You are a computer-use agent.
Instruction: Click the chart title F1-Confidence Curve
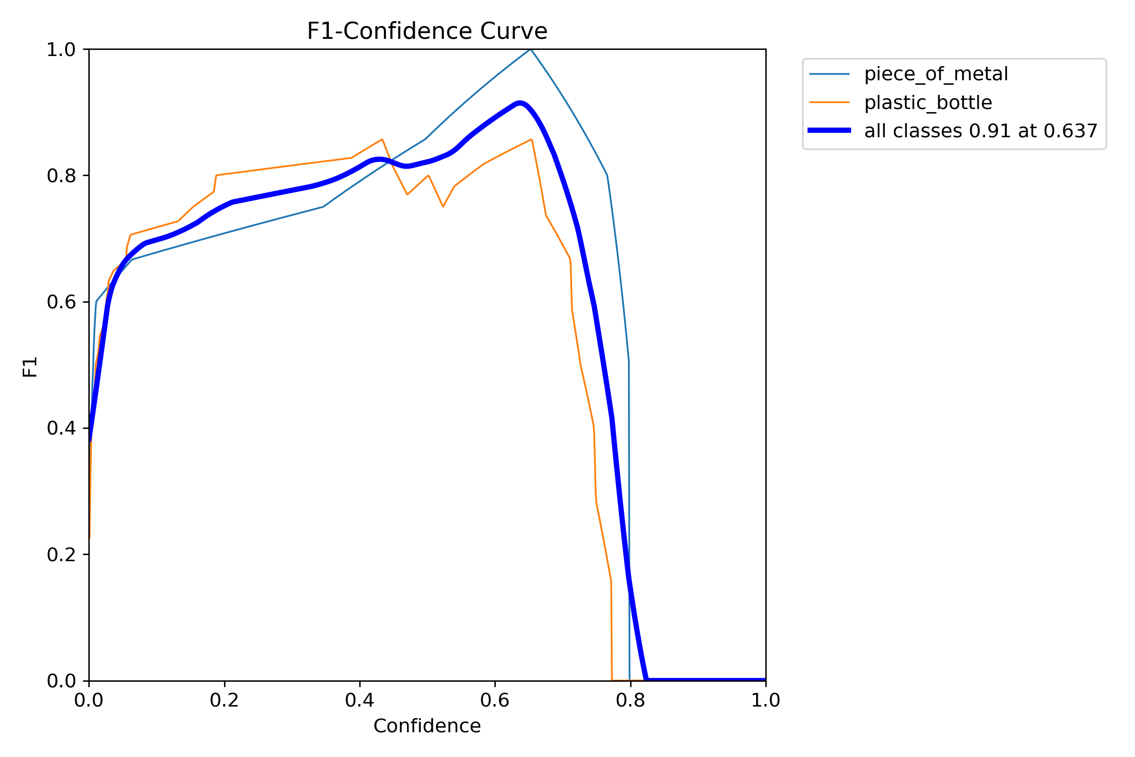click(427, 31)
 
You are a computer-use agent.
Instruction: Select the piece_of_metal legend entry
click(936, 74)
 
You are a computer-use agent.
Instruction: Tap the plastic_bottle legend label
click(928, 103)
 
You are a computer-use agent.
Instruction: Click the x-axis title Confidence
click(427, 726)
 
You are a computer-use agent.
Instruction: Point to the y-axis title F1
click(30, 367)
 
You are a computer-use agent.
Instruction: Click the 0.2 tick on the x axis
click(224, 700)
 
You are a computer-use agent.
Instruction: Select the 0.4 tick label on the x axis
click(360, 700)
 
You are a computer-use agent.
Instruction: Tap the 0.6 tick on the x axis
click(495, 700)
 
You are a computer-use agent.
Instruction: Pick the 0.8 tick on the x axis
click(630, 700)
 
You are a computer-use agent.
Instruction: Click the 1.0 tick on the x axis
click(765, 700)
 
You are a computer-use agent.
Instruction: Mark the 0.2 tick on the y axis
click(61, 555)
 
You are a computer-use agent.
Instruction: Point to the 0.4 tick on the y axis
click(61, 428)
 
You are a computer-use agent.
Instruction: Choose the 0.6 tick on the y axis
click(61, 302)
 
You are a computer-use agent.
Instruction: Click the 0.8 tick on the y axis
click(61, 176)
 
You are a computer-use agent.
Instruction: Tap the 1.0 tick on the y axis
click(61, 49)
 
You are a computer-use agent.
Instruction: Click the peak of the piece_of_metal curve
click(531, 49)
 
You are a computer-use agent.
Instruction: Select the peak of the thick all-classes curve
click(520, 103)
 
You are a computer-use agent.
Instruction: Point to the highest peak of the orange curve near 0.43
click(382, 139)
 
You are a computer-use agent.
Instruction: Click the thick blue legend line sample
click(829, 131)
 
